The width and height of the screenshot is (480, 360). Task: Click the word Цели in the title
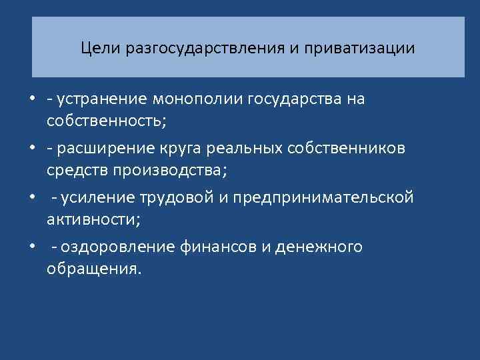96,49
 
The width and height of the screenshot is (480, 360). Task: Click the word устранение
103,99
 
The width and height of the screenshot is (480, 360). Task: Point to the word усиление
96,198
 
